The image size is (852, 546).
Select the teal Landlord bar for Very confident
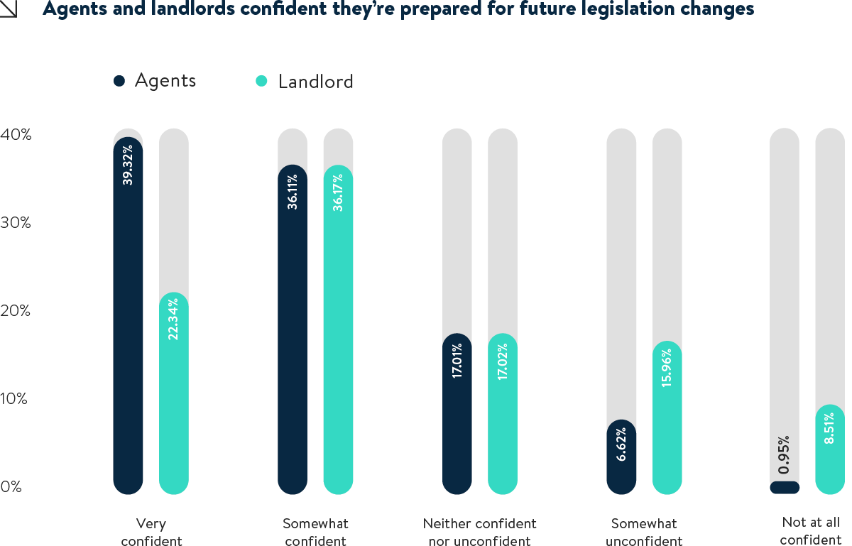tap(173, 398)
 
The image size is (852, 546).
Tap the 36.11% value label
tap(293, 192)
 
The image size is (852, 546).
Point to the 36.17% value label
tap(338, 192)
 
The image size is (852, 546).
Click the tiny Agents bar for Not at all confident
tap(785, 488)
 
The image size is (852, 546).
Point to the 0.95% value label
tap(785, 455)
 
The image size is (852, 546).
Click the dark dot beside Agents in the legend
tap(119, 81)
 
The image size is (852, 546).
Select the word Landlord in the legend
tap(315, 82)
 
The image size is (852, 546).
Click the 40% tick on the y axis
tap(16, 134)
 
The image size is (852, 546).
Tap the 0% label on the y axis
tap(11, 487)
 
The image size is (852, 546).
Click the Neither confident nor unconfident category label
tap(480, 533)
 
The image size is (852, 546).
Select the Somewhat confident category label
tap(315, 533)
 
